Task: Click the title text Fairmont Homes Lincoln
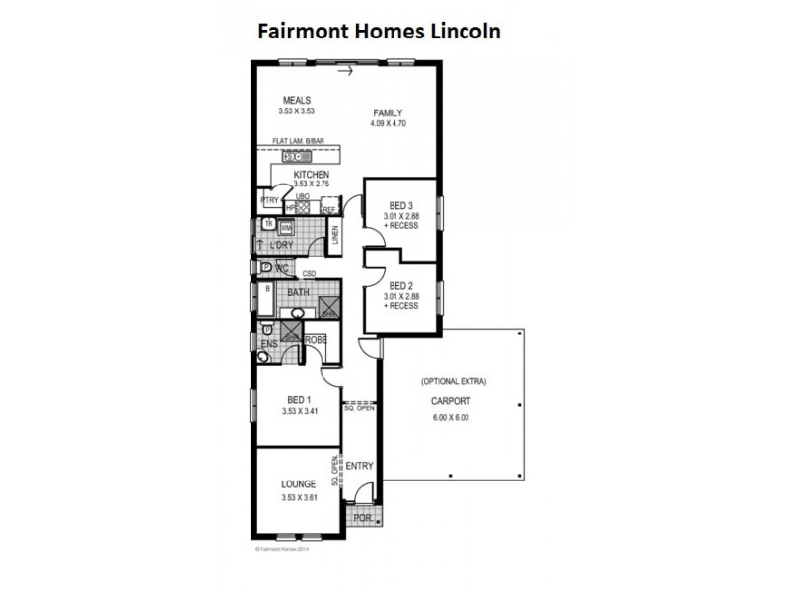pyautogui.click(x=380, y=32)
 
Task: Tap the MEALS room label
pyautogui.click(x=297, y=100)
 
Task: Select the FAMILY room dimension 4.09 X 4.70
pyautogui.click(x=388, y=124)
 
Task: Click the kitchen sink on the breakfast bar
pyautogui.click(x=294, y=156)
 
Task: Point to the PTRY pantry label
pyautogui.click(x=269, y=200)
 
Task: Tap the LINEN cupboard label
pyautogui.click(x=335, y=235)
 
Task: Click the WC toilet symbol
pyautogui.click(x=266, y=267)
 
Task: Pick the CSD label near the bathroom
pyautogui.click(x=309, y=274)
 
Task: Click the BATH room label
pyautogui.click(x=299, y=293)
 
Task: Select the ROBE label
pyautogui.click(x=316, y=340)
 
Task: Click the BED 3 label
pyautogui.click(x=402, y=204)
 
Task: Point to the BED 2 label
pyautogui.click(x=402, y=285)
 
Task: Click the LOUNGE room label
pyautogui.click(x=298, y=484)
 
